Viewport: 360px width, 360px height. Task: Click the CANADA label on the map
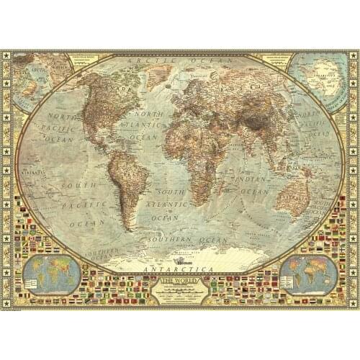point(101,90)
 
